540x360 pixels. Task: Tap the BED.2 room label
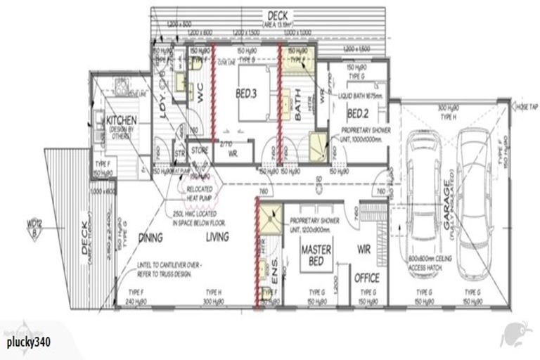pos(358,113)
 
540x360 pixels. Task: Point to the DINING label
pos(150,238)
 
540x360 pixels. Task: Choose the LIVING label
pos(217,238)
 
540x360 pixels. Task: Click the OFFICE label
pos(367,276)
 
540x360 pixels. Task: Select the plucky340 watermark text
pos(30,342)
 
